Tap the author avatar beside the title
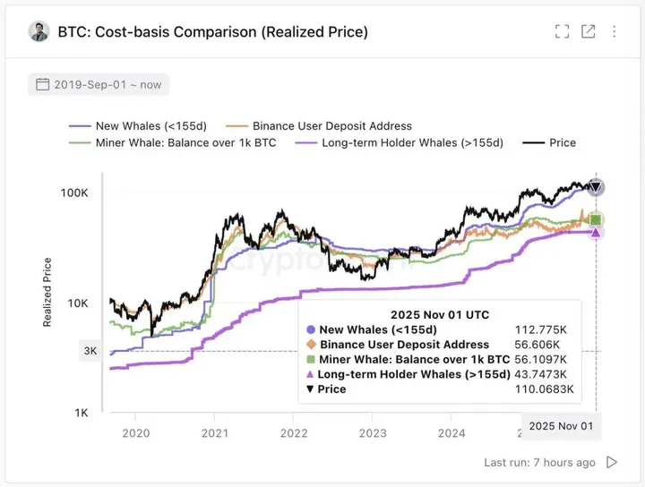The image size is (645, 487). coord(39,31)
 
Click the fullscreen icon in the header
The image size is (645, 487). coord(563,32)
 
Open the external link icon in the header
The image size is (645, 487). coord(589,32)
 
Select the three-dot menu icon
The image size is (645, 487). coord(615,32)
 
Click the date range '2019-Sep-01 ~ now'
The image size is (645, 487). coord(99,85)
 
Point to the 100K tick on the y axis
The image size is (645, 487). coord(73,193)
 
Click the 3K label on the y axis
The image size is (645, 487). coord(90,351)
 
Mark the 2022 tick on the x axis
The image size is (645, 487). coord(294,433)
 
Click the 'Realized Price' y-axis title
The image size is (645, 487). coord(47,292)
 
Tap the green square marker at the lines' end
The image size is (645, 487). coord(596,219)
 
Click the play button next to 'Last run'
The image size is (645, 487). coord(612,463)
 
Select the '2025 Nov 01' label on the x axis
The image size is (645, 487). coord(562,426)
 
